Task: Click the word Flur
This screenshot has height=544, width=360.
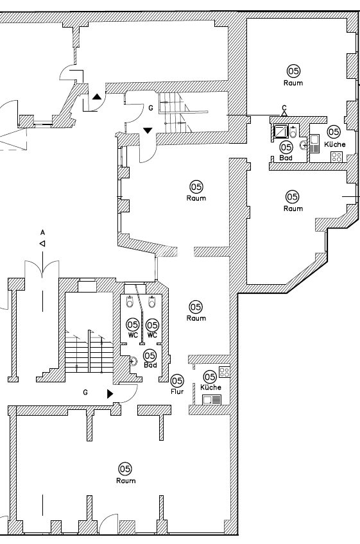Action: [x=177, y=392]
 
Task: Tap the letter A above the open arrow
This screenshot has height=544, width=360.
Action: [x=43, y=232]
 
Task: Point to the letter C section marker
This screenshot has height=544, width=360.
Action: [x=284, y=108]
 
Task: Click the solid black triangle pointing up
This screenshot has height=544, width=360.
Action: [x=97, y=97]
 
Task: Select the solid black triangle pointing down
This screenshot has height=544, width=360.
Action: [x=148, y=130]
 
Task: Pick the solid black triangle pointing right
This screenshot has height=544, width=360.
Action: [x=110, y=394]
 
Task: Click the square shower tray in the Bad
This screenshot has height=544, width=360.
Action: [x=280, y=132]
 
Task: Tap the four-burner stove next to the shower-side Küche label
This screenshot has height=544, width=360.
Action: [x=336, y=157]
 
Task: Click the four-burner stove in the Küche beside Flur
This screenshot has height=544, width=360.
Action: [x=224, y=372]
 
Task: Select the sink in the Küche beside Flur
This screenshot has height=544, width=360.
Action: [x=212, y=400]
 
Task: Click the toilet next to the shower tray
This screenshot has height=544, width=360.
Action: [x=293, y=132]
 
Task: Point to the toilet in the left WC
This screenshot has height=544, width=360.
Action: [x=130, y=302]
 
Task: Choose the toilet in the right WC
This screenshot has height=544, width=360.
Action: [x=152, y=302]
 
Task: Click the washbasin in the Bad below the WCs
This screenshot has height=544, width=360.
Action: [x=133, y=361]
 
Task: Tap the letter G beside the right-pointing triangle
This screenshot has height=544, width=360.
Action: [x=85, y=393]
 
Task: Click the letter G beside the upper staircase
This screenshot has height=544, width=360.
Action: [x=151, y=108]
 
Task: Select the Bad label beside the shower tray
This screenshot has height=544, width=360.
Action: [x=286, y=158]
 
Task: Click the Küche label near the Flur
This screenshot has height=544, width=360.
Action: [x=210, y=387]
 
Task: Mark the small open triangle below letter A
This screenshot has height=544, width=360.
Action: [x=42, y=244]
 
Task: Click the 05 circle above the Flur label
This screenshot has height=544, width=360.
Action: [x=177, y=380]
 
